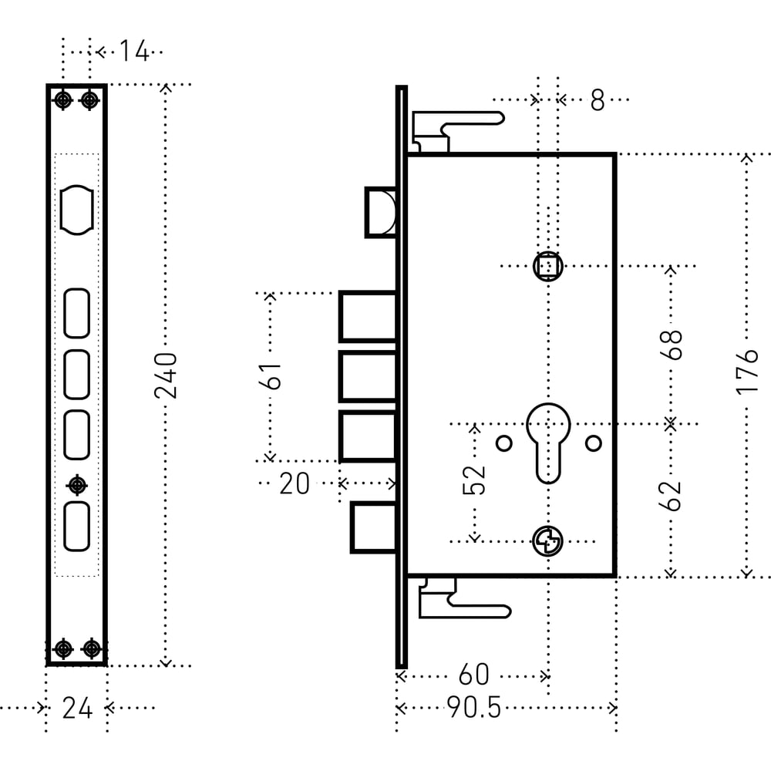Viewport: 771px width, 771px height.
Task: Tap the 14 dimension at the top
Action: [x=133, y=52]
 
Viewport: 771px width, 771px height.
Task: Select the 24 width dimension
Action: [x=77, y=708]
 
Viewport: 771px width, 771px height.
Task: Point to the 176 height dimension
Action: [x=746, y=372]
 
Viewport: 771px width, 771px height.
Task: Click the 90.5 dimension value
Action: [x=473, y=708]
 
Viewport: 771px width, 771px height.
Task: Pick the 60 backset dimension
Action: [x=473, y=675]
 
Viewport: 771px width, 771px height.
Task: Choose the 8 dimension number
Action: [x=598, y=100]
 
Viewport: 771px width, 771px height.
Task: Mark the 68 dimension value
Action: [x=672, y=345]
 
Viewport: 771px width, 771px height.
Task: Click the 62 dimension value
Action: [x=672, y=495]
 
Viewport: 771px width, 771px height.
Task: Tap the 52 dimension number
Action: [x=476, y=479]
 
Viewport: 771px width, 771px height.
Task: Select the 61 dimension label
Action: [x=271, y=375]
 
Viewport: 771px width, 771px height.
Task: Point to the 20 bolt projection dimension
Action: [x=294, y=484]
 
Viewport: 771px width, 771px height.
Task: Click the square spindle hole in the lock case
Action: [x=548, y=267]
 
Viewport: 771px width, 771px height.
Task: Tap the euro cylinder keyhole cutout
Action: [x=548, y=439]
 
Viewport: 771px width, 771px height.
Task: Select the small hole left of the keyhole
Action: [x=503, y=443]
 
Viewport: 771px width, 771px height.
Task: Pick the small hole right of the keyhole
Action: [x=593, y=443]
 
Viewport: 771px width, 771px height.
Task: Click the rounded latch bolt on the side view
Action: [x=382, y=212]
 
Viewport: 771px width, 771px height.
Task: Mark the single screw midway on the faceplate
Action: [x=77, y=485]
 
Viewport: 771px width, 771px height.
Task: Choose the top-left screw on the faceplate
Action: [x=63, y=100]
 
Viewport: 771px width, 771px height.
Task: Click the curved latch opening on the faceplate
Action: [x=77, y=210]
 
